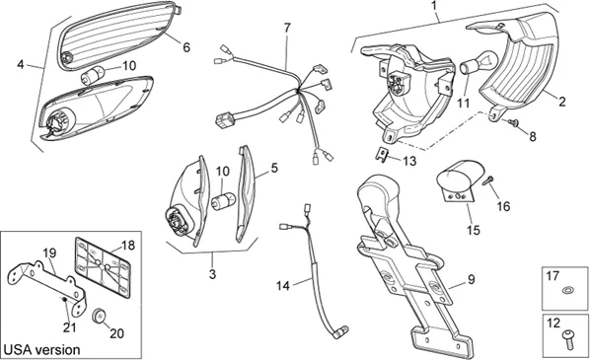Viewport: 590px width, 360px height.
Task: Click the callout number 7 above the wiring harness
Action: click(287, 28)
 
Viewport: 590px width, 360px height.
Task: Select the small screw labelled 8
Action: click(511, 122)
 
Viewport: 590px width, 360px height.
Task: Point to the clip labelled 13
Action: click(382, 155)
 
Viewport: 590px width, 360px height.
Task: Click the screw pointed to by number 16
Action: click(487, 180)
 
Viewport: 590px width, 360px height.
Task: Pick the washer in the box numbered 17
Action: click(567, 290)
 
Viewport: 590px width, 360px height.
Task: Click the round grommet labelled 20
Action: click(99, 316)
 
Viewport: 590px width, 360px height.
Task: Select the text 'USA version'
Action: click(41, 350)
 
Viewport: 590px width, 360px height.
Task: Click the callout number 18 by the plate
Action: click(127, 246)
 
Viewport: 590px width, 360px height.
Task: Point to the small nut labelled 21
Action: click(65, 299)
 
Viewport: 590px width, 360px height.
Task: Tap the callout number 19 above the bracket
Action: click(49, 253)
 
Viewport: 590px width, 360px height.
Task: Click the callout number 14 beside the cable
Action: click(283, 286)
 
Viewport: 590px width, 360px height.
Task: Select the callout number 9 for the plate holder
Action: click(471, 279)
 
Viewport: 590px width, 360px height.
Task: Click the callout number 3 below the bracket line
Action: click(212, 274)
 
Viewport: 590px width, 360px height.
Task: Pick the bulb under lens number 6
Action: click(93, 74)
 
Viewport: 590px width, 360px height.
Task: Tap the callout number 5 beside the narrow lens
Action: click(274, 168)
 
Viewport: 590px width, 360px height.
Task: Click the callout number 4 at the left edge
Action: click(21, 65)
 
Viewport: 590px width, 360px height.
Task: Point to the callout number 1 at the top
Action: click(434, 6)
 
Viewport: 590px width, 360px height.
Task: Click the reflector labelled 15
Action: click(459, 180)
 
